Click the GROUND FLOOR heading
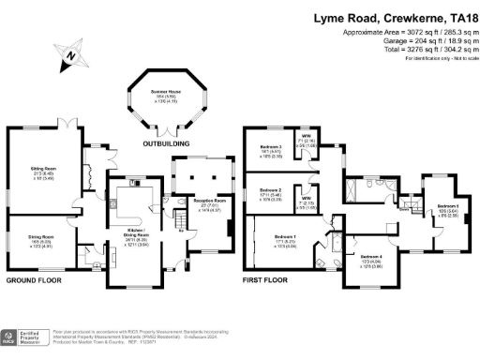(x=34, y=280)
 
